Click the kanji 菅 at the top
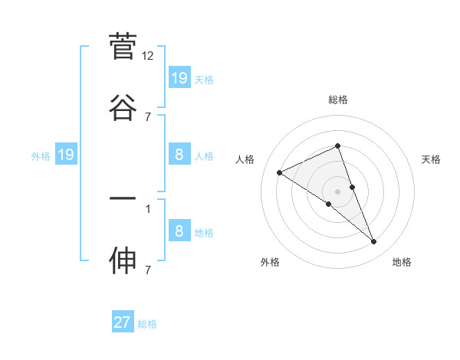click(x=123, y=47)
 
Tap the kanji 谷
click(x=123, y=107)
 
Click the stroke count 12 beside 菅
click(x=148, y=56)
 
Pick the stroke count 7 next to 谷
click(x=148, y=116)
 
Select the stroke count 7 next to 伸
click(x=148, y=270)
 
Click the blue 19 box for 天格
click(x=179, y=77)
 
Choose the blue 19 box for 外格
click(x=66, y=155)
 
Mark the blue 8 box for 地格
click(x=179, y=231)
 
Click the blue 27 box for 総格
click(x=123, y=322)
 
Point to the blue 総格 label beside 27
click(x=147, y=324)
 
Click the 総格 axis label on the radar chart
click(x=338, y=100)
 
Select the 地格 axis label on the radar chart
click(x=402, y=262)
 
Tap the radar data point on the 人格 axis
click(x=280, y=172)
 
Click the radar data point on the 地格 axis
click(x=374, y=242)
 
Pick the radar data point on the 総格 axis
click(x=338, y=146)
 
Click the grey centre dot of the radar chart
click(x=338, y=191)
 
